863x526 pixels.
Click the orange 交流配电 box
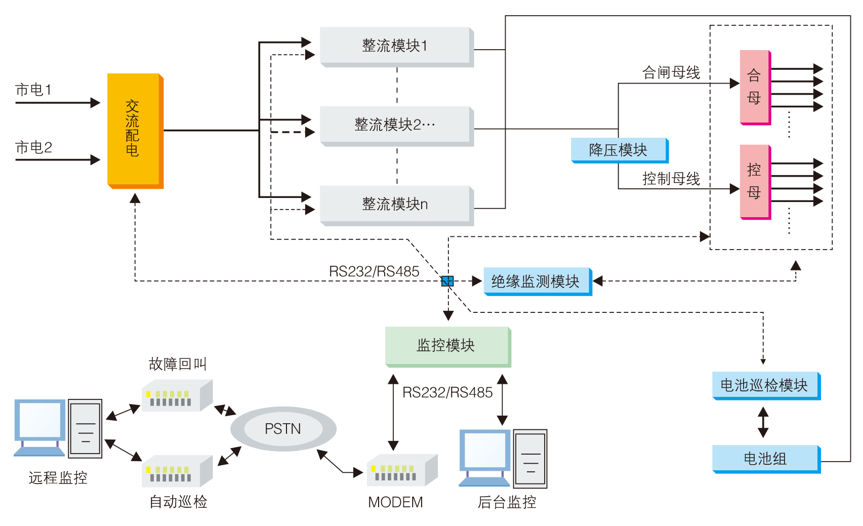135,130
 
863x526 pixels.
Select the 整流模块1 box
396,46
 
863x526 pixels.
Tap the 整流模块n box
396,205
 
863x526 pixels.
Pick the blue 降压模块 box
619,150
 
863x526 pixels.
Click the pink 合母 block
755,87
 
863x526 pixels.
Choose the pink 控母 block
755,181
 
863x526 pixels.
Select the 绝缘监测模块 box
537,281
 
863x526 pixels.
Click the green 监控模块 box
447,346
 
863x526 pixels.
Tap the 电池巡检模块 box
765,386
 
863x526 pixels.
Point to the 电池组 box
765,459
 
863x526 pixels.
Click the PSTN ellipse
283,429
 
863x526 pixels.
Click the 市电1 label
33,90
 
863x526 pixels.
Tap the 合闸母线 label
671,73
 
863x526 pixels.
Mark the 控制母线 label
671,179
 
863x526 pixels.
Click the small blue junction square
447,281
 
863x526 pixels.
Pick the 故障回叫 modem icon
176,395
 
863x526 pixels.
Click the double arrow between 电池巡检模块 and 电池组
763,422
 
